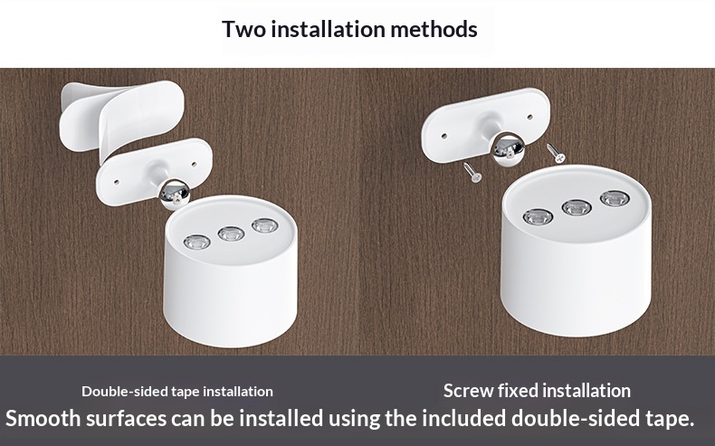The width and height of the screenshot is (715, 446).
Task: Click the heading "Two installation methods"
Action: click(349, 29)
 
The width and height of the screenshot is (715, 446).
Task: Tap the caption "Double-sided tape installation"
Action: click(177, 392)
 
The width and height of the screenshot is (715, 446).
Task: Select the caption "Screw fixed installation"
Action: click(538, 391)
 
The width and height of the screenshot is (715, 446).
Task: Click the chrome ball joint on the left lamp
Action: click(176, 195)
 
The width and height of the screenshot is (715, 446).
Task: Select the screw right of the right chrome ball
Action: click(556, 153)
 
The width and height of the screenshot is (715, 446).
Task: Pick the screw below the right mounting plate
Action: click(472, 172)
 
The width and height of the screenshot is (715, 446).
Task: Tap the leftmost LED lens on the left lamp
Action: click(197, 242)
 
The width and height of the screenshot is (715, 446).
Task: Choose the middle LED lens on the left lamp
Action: click(231, 233)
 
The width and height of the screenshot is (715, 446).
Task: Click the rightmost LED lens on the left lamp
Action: click(265, 225)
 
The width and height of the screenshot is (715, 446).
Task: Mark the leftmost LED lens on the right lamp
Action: click(539, 217)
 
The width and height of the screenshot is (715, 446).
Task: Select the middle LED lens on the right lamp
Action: click(577, 208)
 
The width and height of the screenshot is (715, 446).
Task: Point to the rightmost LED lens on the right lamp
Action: click(615, 199)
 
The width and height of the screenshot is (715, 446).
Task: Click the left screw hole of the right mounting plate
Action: click(444, 136)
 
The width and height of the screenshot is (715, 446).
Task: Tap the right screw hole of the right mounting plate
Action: click(529, 117)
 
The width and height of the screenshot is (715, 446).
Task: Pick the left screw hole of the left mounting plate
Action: click(116, 182)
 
